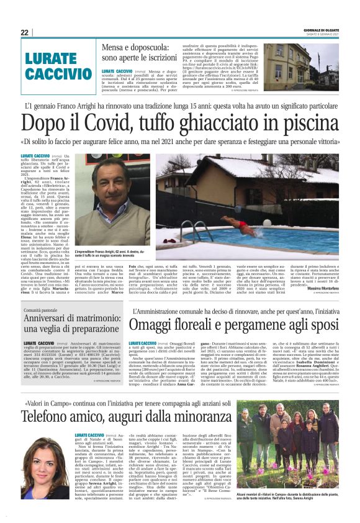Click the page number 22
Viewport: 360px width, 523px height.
(x=25, y=32)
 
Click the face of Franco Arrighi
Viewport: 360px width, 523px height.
(x=112, y=184)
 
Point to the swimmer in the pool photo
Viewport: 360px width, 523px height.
(x=241, y=222)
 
